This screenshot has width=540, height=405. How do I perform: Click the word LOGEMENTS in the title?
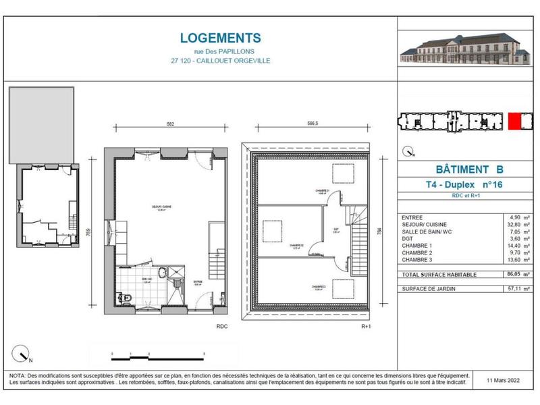click(202, 38)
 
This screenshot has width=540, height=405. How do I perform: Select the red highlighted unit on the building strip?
click(515, 121)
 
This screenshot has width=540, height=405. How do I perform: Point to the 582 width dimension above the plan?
click(170, 124)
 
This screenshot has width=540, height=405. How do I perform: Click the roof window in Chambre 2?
click(273, 230)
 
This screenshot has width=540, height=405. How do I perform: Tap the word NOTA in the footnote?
click(17, 375)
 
